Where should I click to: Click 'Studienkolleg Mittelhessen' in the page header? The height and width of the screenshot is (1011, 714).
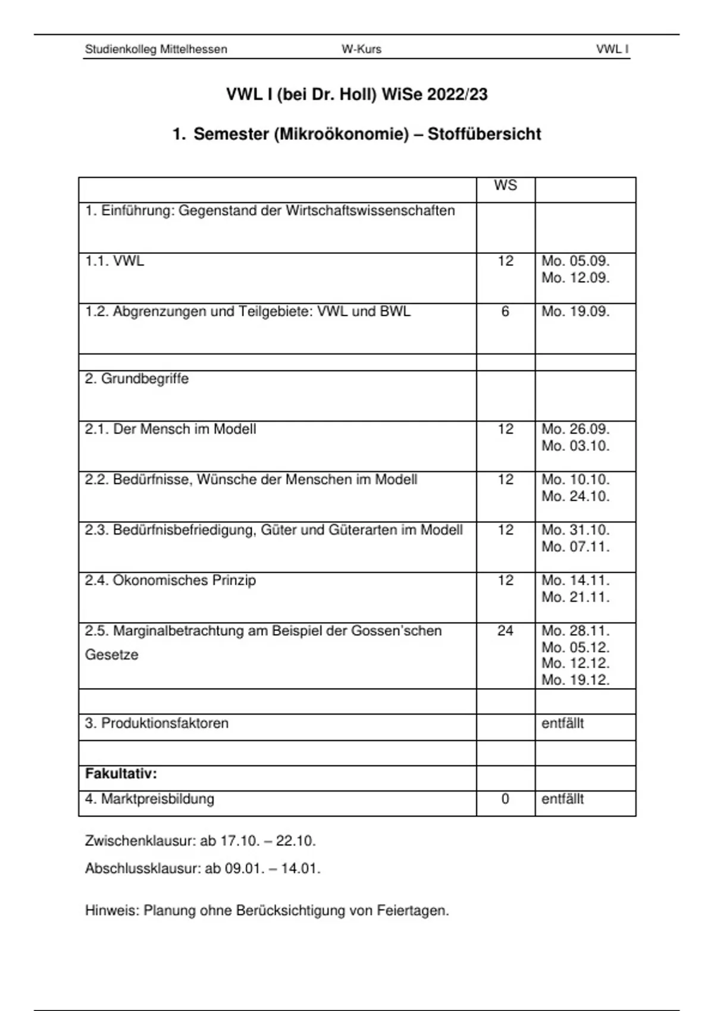pyautogui.click(x=156, y=49)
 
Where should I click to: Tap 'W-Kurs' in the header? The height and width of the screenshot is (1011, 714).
pyautogui.click(x=361, y=49)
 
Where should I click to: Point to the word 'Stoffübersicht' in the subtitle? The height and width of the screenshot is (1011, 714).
pyautogui.click(x=484, y=134)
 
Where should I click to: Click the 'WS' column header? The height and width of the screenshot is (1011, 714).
pyautogui.click(x=505, y=186)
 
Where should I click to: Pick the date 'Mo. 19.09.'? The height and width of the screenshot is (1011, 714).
pyautogui.click(x=575, y=312)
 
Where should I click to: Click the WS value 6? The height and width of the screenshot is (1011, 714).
pyautogui.click(x=505, y=312)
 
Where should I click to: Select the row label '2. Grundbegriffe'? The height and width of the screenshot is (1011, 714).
pyautogui.click(x=137, y=379)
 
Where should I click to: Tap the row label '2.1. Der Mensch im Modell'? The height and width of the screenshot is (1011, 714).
pyautogui.click(x=170, y=429)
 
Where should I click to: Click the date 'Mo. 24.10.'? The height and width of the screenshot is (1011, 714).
pyautogui.click(x=575, y=497)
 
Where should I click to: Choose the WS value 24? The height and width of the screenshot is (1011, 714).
pyautogui.click(x=505, y=631)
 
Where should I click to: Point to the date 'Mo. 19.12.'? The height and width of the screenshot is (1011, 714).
pyautogui.click(x=575, y=680)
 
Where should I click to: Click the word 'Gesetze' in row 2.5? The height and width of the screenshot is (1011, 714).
pyautogui.click(x=111, y=655)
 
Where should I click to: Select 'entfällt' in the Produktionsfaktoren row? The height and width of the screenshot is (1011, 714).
pyautogui.click(x=562, y=724)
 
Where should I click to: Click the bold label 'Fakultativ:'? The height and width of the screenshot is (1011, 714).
pyautogui.click(x=121, y=774)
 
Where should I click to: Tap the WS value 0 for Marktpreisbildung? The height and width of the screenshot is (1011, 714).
pyautogui.click(x=505, y=799)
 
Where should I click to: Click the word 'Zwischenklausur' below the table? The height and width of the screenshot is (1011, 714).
pyautogui.click(x=140, y=842)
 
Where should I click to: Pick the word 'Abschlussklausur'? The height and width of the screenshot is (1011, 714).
pyautogui.click(x=143, y=869)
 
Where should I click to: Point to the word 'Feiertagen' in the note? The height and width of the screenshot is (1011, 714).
pyautogui.click(x=412, y=910)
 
